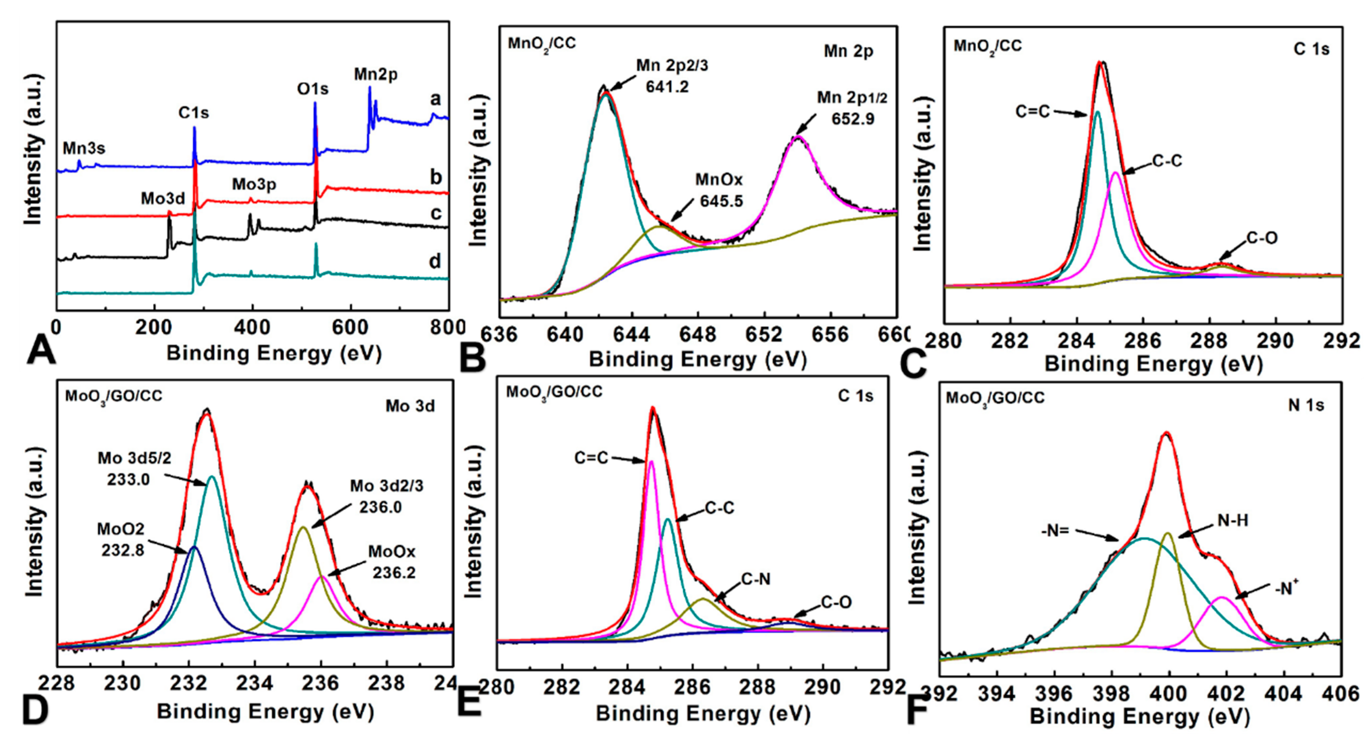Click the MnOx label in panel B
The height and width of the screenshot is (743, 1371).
point(718,180)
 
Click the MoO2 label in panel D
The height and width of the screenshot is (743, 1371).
point(120,529)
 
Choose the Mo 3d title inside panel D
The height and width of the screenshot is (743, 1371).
point(410,406)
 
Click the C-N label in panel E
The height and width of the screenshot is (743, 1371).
point(756,579)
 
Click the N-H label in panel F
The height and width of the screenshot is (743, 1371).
point(1233,521)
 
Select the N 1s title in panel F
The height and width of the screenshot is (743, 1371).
point(1306,405)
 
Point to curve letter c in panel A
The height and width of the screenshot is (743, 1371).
point(436,213)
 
